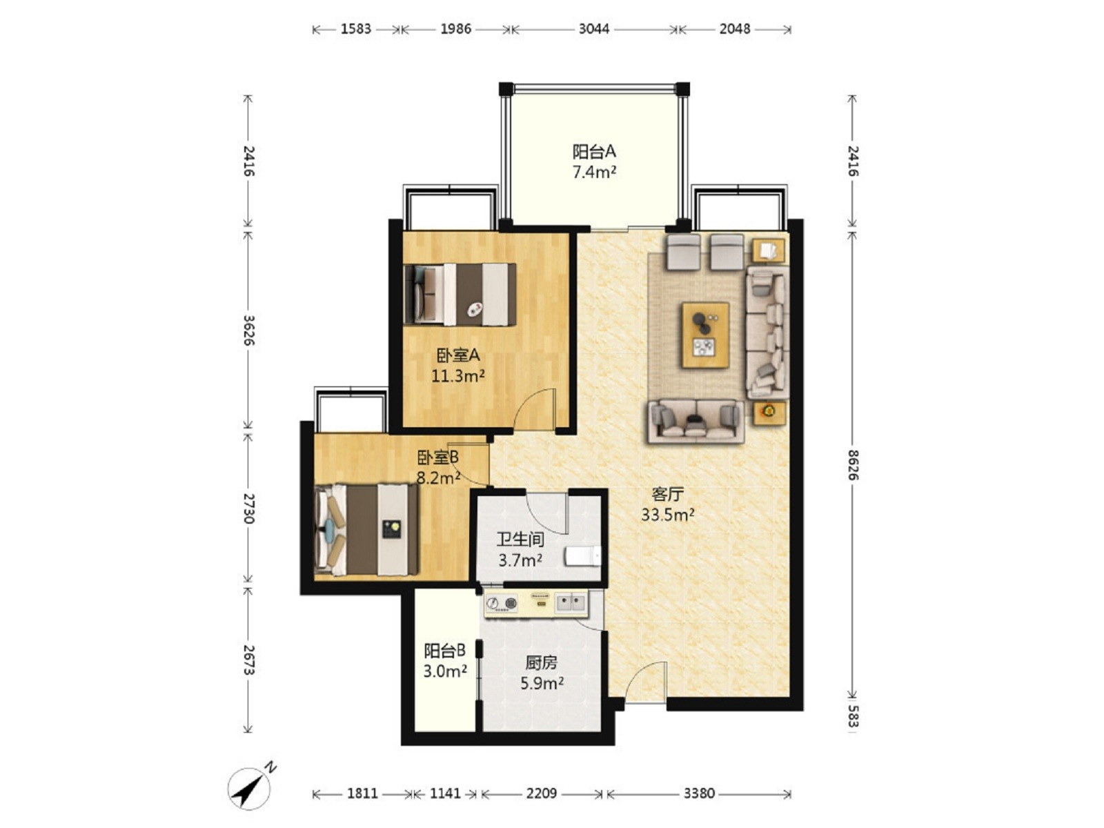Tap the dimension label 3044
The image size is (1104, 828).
click(x=593, y=29)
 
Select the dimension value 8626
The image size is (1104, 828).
click(x=852, y=465)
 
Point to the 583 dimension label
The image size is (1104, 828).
click(x=852, y=716)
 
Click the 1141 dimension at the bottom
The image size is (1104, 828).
click(x=445, y=793)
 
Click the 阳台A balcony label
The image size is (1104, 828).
click(x=594, y=151)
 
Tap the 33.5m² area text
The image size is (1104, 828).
click(x=668, y=515)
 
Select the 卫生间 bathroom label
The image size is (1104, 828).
click(x=520, y=540)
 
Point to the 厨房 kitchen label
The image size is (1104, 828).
click(x=541, y=663)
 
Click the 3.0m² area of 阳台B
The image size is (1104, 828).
click(x=444, y=671)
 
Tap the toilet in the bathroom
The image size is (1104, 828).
click(x=582, y=556)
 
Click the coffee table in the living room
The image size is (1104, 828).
click(x=705, y=335)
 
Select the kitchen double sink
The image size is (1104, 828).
click(x=571, y=602)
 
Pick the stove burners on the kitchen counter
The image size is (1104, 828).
click(x=502, y=602)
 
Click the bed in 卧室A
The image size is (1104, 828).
click(x=460, y=294)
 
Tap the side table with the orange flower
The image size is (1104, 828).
click(x=768, y=412)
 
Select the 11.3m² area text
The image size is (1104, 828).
click(x=457, y=375)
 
